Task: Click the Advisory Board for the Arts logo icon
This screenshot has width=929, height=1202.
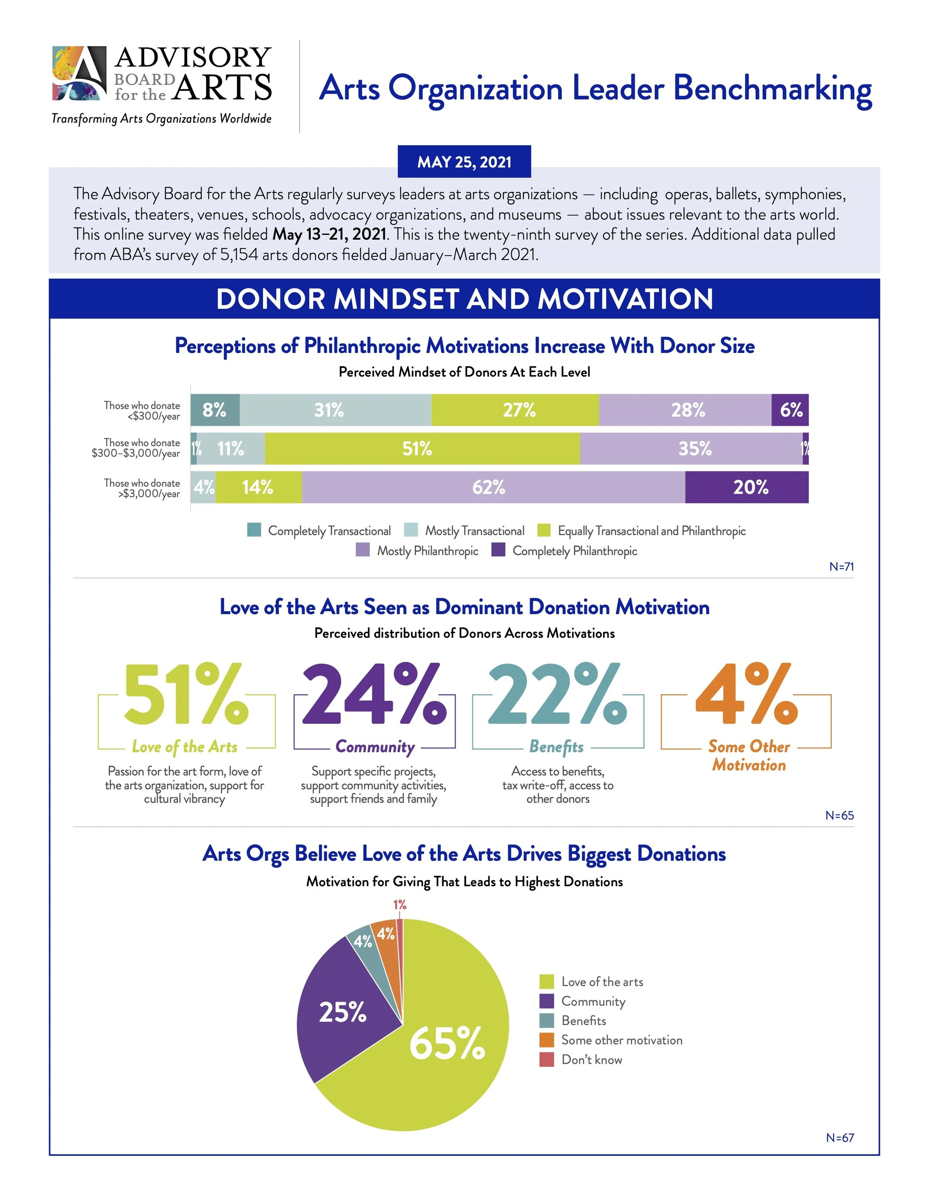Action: pos(79,73)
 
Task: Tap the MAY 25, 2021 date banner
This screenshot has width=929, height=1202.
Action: pos(464,162)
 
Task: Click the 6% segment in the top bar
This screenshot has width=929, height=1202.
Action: pos(790,410)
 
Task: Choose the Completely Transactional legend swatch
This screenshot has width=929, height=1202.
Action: pos(254,530)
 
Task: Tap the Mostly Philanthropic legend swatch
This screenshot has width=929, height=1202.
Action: pos(363,550)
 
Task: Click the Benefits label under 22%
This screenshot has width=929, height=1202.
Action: pos(556,746)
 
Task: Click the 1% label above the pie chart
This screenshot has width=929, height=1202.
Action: pos(399,905)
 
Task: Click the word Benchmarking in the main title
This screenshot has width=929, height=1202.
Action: pos(772,89)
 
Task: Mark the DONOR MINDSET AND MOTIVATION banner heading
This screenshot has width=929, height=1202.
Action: pos(464,299)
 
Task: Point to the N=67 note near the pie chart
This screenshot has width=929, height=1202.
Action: pos(840,1138)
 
